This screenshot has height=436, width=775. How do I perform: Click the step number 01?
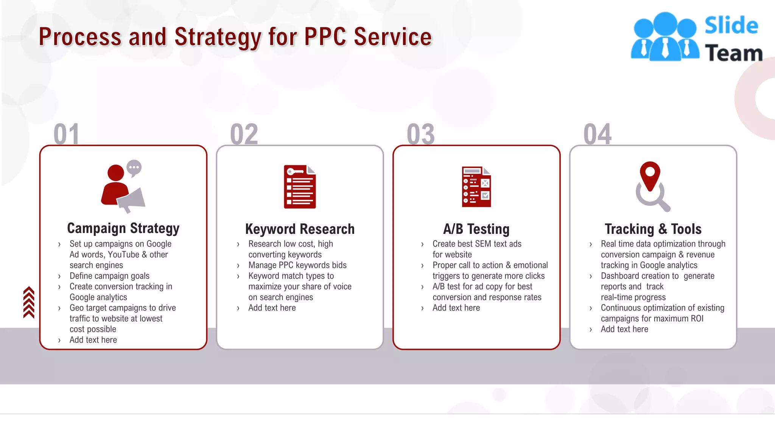tap(67, 134)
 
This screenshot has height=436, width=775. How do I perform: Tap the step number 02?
tap(244, 134)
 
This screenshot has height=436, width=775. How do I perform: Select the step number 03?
tap(421, 134)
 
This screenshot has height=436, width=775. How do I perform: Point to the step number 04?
tap(598, 134)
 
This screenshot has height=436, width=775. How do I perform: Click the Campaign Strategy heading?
tap(123, 229)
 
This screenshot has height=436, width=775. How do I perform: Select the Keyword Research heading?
tap(300, 229)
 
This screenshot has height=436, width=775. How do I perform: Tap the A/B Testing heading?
tap(476, 229)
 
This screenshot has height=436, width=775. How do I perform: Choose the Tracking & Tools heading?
tap(653, 229)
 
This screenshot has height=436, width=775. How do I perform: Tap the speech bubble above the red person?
tap(134, 167)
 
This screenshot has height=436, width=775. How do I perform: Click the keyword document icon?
tap(300, 187)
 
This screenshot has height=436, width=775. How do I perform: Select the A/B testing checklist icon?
tap(476, 187)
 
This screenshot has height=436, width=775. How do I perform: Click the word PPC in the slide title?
tap(325, 37)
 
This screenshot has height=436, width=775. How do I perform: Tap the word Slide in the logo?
tap(731, 26)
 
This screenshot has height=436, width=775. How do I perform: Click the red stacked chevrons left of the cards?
tap(29, 302)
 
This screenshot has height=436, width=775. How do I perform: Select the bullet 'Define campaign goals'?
tap(109, 276)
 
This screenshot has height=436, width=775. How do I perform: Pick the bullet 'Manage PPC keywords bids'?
tap(297, 265)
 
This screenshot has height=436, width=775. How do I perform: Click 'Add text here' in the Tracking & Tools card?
tap(624, 329)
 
